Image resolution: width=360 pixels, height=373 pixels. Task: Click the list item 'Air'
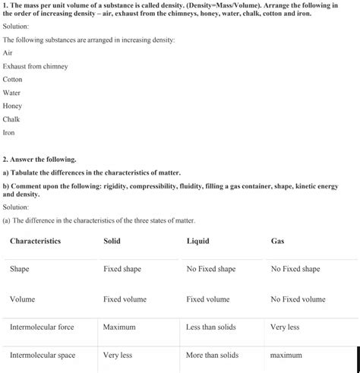pyautogui.click(x=8, y=53)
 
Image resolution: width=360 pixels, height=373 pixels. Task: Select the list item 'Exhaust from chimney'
pyautogui.click(x=35, y=66)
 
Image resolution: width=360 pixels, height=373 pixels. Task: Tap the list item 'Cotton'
pyautogui.click(x=13, y=79)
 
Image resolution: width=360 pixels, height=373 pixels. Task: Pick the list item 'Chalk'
pyautogui.click(x=11, y=119)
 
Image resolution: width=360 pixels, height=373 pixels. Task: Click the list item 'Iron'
pyautogui.click(x=9, y=132)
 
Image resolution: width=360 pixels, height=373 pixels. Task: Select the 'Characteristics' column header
pyautogui.click(x=35, y=242)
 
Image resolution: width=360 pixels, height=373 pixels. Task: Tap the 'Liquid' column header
pyautogui.click(x=197, y=242)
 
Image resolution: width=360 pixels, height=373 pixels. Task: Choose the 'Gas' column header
pyautogui.click(x=278, y=242)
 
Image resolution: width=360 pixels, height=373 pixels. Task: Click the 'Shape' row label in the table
pyautogui.click(x=20, y=269)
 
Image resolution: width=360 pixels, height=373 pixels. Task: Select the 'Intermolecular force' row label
pyautogui.click(x=42, y=327)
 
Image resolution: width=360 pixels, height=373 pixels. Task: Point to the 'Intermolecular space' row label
pyautogui.click(x=43, y=355)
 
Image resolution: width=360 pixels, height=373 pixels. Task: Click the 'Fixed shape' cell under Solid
pyautogui.click(x=122, y=269)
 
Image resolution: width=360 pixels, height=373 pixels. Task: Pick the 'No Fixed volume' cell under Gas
pyautogui.click(x=298, y=299)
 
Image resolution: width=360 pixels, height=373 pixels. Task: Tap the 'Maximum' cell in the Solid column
pyautogui.click(x=119, y=327)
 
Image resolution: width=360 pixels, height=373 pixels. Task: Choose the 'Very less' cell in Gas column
pyautogui.click(x=285, y=327)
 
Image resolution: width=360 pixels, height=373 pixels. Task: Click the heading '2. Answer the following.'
pyautogui.click(x=39, y=160)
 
